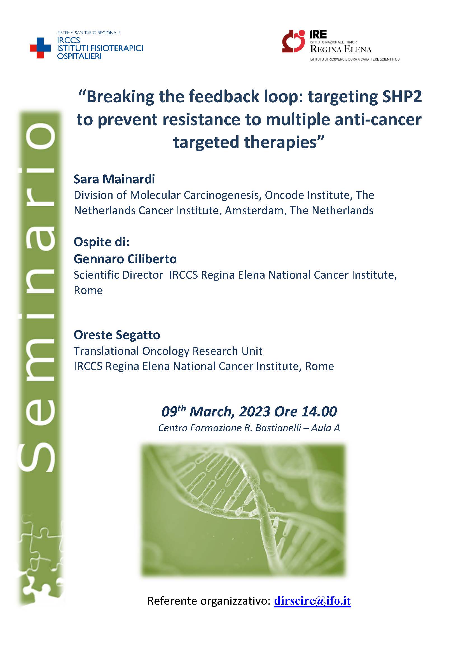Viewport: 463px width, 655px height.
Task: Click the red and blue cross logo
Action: click(x=40, y=48)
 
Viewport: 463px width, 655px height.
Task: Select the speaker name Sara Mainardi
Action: click(x=114, y=179)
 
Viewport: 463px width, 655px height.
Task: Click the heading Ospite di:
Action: click(x=102, y=242)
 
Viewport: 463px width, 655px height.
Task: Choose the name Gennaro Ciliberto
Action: click(x=125, y=259)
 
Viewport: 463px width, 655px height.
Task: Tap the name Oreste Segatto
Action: click(x=117, y=335)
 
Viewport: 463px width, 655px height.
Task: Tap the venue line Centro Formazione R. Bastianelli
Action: click(x=230, y=428)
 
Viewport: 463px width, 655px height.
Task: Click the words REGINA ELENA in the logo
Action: click(x=341, y=49)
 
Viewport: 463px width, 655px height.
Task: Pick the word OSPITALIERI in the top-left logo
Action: click(x=79, y=56)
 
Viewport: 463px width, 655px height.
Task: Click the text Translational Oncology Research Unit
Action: click(x=168, y=351)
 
